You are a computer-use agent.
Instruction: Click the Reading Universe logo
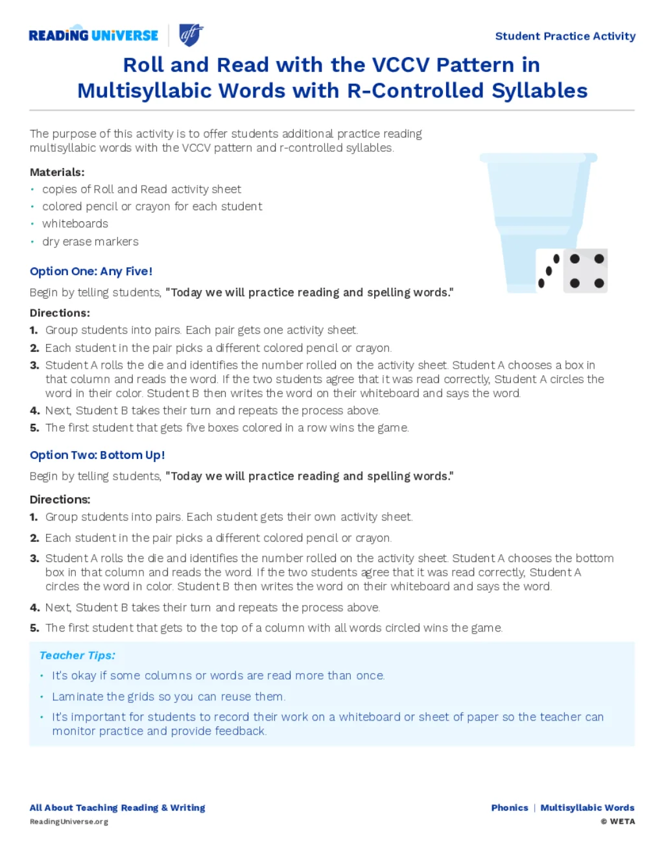[93, 35]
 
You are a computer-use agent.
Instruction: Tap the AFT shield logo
[191, 34]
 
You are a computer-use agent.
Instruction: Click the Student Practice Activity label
[565, 36]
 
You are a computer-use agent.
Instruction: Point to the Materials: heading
[57, 172]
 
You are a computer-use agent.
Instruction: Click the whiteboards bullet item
[75, 223]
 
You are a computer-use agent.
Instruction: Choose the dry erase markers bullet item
[90, 241]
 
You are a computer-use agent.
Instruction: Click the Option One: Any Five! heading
[91, 271]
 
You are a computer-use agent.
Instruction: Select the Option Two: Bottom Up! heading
[97, 455]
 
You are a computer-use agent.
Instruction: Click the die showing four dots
[586, 271]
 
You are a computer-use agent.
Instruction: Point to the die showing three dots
[549, 270]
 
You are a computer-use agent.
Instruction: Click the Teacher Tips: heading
[77, 656]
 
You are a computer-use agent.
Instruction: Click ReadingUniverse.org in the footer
[69, 822]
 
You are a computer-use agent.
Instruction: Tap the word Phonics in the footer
[510, 808]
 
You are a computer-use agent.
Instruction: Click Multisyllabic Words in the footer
[587, 808]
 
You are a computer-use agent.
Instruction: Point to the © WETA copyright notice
[618, 822]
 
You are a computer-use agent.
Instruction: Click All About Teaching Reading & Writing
[117, 808]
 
